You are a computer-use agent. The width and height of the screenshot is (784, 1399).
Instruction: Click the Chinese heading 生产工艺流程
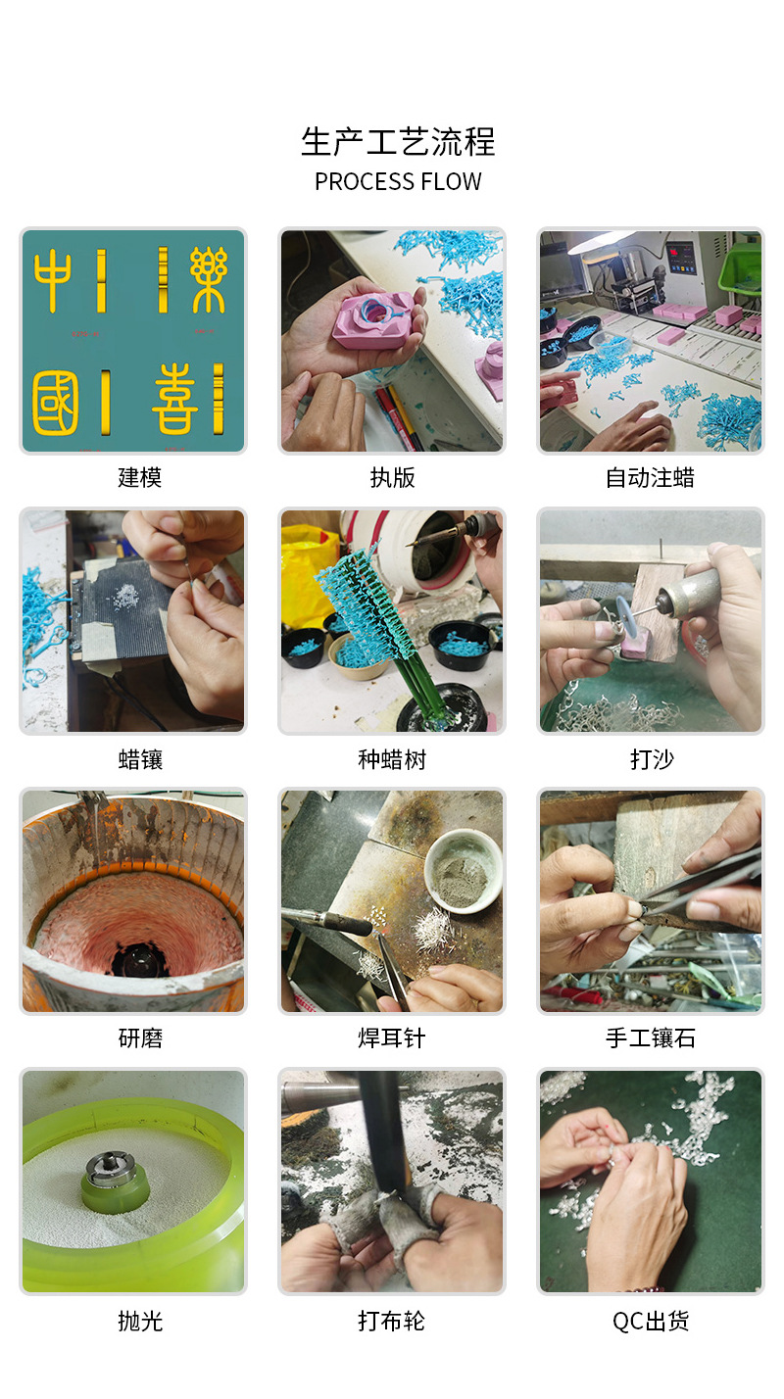[x=398, y=142]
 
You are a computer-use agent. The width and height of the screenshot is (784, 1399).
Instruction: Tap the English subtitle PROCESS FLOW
[x=398, y=182]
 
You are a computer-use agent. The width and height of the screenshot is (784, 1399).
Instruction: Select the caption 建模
[x=140, y=478]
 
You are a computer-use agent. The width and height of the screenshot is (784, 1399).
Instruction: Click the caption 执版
[x=392, y=478]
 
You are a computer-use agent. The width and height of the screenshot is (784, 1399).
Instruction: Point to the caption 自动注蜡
[x=651, y=478]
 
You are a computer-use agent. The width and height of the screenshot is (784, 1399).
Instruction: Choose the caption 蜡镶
[x=140, y=759]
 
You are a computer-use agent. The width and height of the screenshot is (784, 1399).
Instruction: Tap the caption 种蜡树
[x=392, y=759]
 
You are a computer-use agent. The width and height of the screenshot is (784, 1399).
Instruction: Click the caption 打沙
[x=652, y=759]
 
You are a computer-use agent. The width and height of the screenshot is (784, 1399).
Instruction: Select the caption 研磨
[x=140, y=1038]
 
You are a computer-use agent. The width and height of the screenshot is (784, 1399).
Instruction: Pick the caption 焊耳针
[x=392, y=1038]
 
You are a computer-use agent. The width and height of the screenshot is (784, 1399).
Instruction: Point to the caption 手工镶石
[x=651, y=1038]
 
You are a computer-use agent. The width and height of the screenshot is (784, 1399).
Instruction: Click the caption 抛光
[x=140, y=1321]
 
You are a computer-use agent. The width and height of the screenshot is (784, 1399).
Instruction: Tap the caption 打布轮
[x=392, y=1321]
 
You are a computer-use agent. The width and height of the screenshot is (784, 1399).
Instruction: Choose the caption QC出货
[x=651, y=1321]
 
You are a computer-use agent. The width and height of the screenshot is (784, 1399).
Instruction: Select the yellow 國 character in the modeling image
[x=55, y=403]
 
